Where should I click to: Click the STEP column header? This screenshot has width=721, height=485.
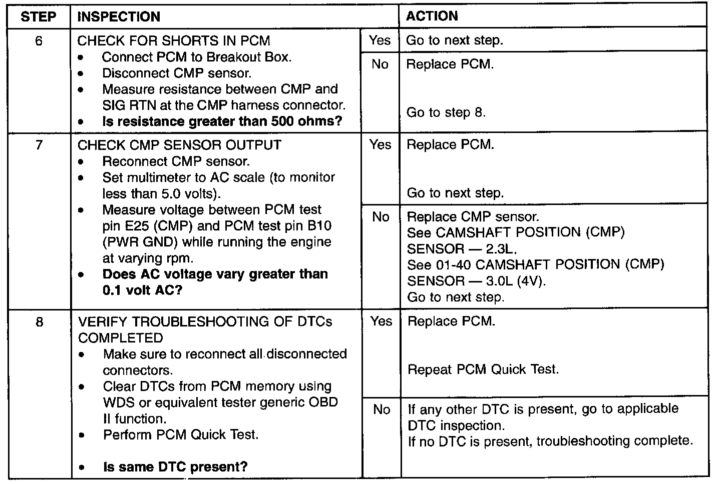(x=38, y=16)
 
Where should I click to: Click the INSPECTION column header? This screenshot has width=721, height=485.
(x=119, y=16)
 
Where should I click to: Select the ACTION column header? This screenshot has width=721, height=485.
(x=432, y=16)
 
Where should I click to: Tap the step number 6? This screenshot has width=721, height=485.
(x=39, y=41)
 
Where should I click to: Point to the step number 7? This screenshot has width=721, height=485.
(x=39, y=145)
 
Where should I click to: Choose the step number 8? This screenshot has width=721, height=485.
(x=39, y=321)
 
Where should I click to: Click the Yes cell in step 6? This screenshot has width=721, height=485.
(x=380, y=40)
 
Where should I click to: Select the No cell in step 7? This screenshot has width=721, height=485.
(x=381, y=217)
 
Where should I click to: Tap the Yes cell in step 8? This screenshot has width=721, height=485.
(x=382, y=321)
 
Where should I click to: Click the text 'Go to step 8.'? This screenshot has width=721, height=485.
(x=446, y=112)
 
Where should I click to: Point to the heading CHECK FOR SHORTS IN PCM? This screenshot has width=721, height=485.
(x=174, y=41)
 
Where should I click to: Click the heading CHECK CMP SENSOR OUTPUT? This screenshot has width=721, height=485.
(x=180, y=145)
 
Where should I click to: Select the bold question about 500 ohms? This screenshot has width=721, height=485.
(x=222, y=121)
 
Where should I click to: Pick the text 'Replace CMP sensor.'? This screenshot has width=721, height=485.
(x=473, y=217)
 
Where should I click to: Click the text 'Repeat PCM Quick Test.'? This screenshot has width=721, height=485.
(x=483, y=369)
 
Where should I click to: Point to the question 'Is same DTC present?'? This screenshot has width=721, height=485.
(x=175, y=466)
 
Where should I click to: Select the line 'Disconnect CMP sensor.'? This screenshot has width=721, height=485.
(x=177, y=73)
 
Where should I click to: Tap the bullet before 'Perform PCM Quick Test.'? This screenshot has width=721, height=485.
(x=82, y=435)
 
